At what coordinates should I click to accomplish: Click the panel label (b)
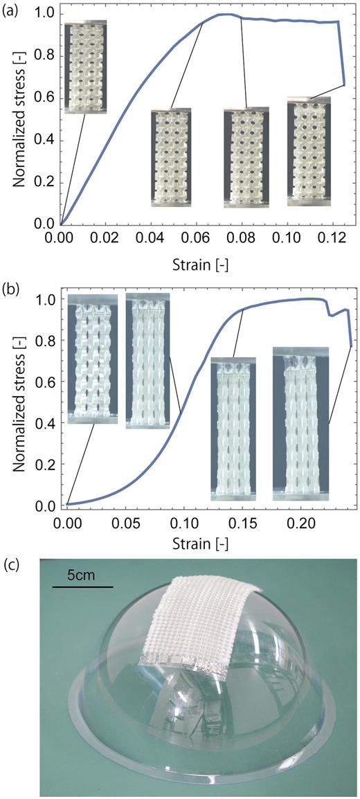point(11,285)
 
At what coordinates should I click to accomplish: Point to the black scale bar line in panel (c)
point(82,588)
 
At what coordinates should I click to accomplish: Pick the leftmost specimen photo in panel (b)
point(93,357)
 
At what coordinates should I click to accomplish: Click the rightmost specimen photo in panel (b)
point(300,422)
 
